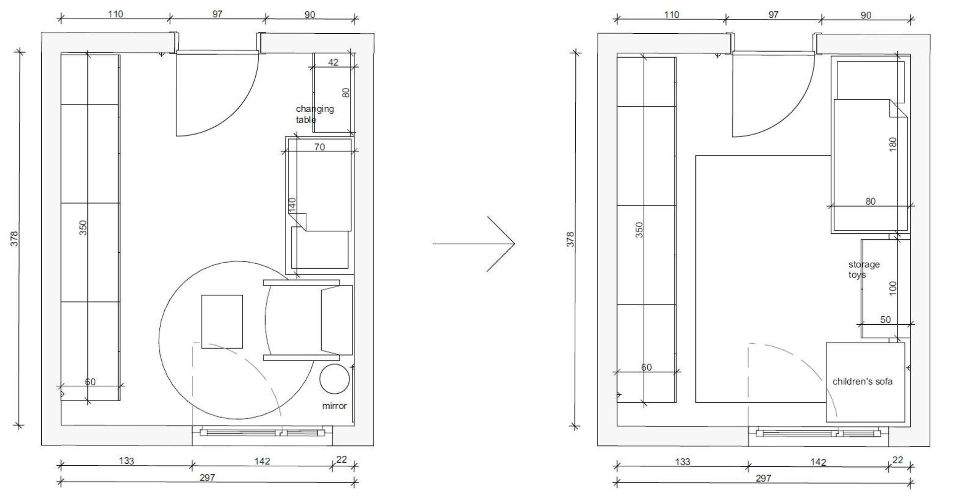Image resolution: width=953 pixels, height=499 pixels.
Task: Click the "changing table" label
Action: point(315,114)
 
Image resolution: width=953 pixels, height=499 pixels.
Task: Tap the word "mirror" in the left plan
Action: point(335,406)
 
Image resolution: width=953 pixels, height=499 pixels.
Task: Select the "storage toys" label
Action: point(864,270)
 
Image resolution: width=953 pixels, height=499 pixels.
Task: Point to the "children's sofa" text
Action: point(862,381)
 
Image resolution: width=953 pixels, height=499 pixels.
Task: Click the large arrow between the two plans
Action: point(474,244)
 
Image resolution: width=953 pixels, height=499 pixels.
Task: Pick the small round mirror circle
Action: point(335,379)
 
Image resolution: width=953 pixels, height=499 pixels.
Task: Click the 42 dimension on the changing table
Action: point(334,62)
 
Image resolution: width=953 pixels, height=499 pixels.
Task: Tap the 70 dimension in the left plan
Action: point(320,147)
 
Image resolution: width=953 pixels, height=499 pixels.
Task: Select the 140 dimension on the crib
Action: point(292,205)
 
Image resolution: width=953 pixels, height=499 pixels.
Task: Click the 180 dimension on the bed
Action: point(893,144)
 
